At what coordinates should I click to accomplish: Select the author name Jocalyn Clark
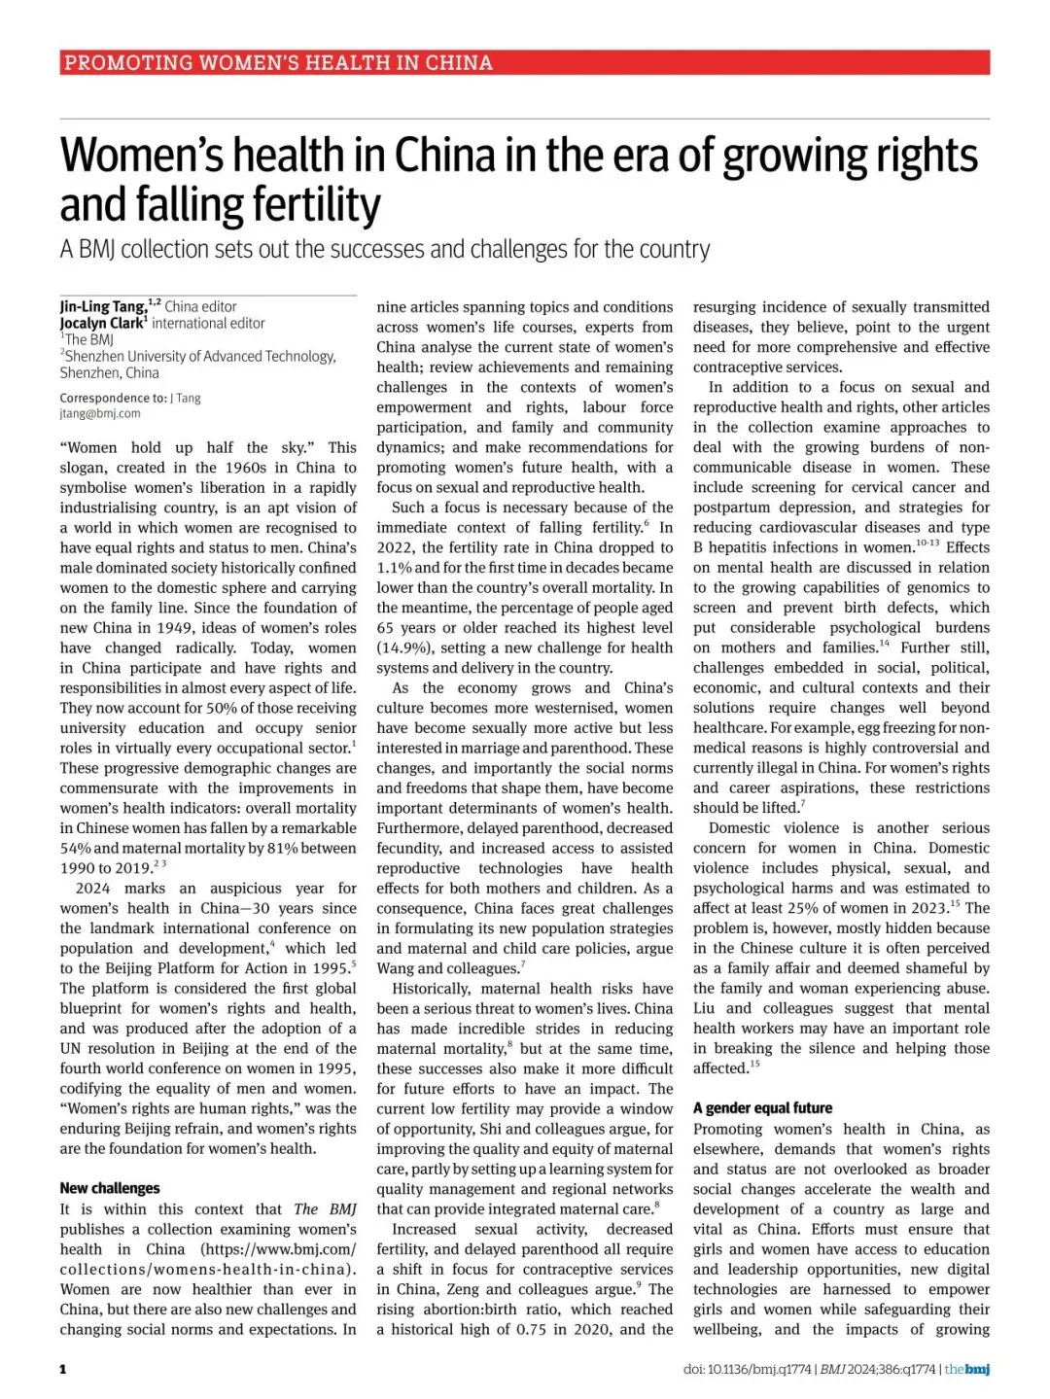[101, 323]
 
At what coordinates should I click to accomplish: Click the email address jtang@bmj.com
[100, 413]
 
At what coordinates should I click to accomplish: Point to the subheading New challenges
[110, 1188]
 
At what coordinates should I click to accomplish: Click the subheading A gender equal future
[762, 1107]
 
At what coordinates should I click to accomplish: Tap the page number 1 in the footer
[63, 1369]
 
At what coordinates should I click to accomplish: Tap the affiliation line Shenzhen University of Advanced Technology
[200, 356]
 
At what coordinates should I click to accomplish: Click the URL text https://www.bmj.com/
[279, 1249]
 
